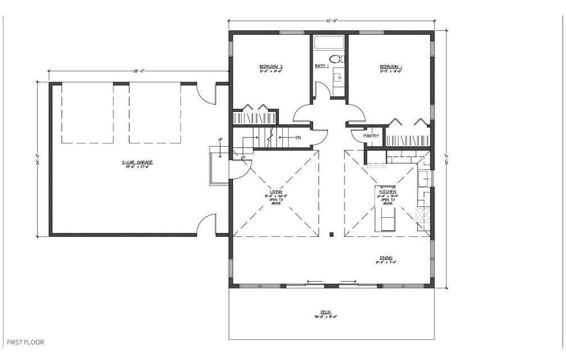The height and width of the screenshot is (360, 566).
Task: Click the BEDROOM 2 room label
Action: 271,67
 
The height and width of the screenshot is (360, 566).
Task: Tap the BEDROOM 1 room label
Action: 391,67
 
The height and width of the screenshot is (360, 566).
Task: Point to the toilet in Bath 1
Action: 336,58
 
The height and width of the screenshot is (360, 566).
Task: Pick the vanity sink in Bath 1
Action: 338,78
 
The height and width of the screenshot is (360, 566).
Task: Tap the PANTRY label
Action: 371,136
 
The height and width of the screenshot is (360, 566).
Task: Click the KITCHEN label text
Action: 388,192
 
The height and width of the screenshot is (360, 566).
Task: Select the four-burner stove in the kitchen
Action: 423,215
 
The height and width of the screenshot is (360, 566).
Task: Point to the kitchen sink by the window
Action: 424,178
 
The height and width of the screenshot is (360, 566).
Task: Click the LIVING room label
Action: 275,192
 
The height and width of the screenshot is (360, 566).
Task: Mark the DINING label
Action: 385,258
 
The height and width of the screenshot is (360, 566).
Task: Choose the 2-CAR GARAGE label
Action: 138,163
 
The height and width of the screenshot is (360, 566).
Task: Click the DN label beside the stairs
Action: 298,137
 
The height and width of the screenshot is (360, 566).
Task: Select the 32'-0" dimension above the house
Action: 330,21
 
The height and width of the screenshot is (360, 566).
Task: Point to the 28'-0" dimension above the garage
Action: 139,71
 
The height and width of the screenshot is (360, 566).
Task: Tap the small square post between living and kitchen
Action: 332,234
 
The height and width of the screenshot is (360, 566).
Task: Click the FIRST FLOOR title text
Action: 25,342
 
